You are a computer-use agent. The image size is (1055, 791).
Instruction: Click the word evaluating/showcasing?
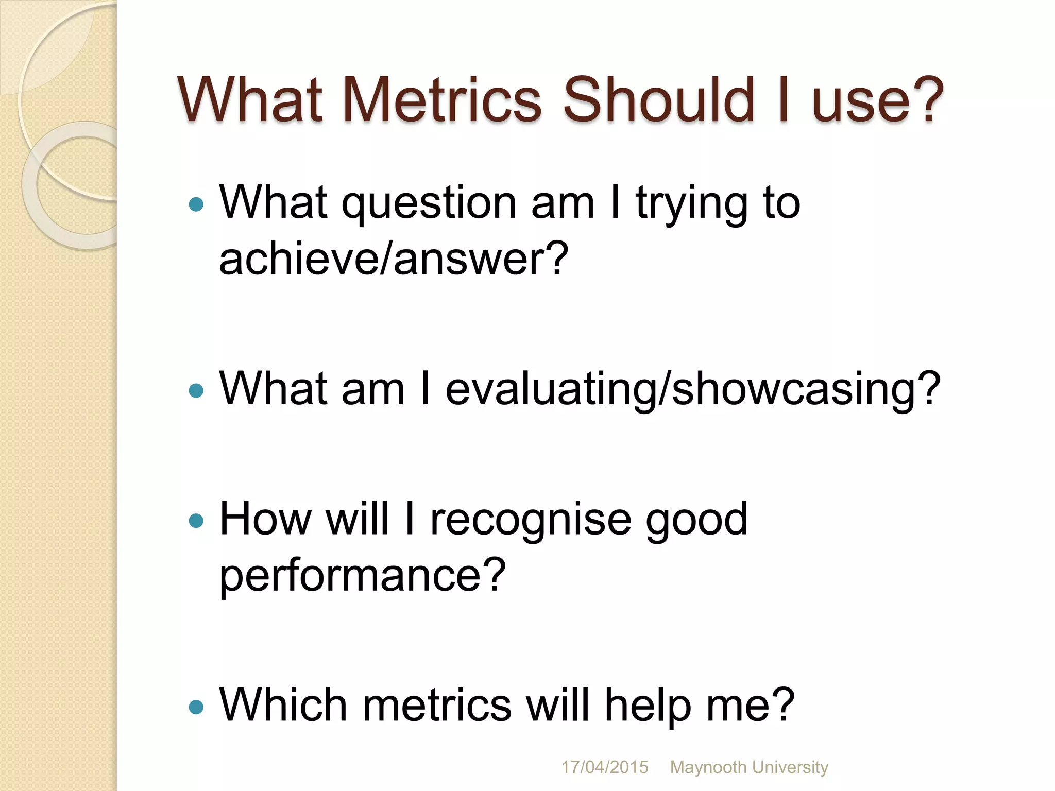click(x=693, y=390)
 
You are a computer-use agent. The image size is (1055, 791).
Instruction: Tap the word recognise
click(x=531, y=520)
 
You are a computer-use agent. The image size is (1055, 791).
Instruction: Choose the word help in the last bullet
click(x=648, y=706)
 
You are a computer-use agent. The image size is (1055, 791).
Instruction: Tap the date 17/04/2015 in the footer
click(x=604, y=767)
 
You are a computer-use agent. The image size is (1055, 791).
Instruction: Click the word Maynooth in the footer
click(x=708, y=767)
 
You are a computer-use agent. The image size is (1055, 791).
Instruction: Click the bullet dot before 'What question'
click(x=196, y=205)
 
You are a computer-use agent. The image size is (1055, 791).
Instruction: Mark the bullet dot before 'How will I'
click(x=196, y=521)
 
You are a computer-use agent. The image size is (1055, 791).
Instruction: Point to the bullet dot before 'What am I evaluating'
click(x=196, y=390)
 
